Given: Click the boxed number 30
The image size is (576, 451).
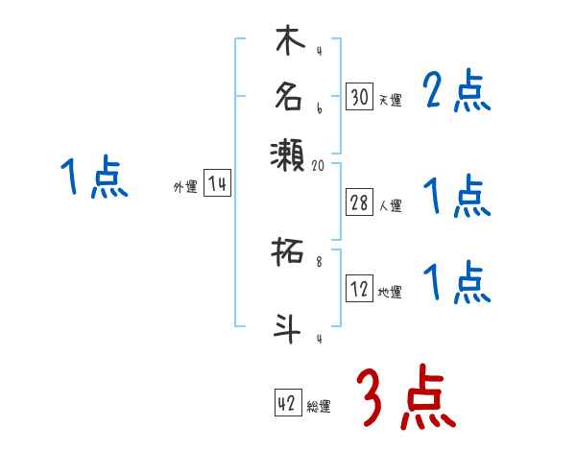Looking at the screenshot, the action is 359,97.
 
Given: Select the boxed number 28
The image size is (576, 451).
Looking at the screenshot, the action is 359,202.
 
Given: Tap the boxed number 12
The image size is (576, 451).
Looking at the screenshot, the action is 359,289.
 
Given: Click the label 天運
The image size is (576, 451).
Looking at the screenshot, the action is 391,100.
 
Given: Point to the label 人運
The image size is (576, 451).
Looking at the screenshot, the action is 391,204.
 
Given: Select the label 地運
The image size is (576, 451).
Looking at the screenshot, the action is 391,292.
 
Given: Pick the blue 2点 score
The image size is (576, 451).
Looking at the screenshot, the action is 457,93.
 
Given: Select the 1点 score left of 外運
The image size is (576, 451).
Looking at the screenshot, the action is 93,178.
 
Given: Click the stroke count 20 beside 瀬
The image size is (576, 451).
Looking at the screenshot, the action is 320,165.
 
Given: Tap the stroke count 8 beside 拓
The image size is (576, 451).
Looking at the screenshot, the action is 319,258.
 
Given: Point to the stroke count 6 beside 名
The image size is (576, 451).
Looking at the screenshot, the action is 319,108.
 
